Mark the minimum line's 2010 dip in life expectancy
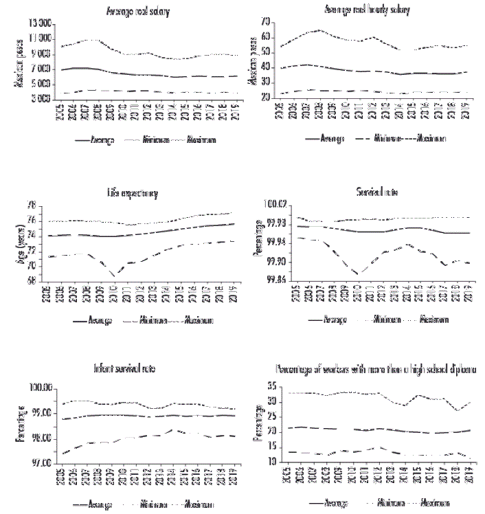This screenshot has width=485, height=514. [x=114, y=274]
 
